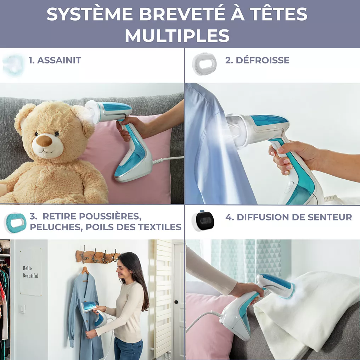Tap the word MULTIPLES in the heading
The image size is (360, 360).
click(177, 35)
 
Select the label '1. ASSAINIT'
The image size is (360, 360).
click(55, 60)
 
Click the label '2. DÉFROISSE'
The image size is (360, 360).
click(257, 60)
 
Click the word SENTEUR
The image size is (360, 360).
click(330, 217)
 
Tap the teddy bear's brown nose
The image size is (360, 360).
click(44, 141)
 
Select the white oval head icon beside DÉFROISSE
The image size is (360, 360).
click(204, 64)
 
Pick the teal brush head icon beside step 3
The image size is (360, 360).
click(15, 223)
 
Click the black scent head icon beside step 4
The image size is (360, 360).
click(203, 221)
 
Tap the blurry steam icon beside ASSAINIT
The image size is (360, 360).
click(13, 65)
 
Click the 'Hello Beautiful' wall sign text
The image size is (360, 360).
click(30, 272)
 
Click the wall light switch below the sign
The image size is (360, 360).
click(22, 309)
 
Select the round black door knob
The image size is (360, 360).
click(176, 302)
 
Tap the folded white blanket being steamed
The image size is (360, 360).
click(308, 315)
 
